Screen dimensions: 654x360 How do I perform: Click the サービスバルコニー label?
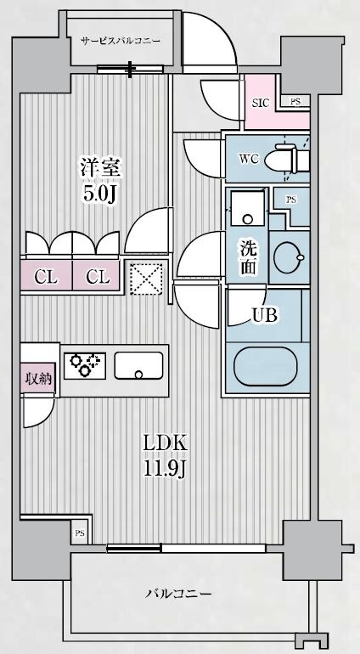click(121, 41)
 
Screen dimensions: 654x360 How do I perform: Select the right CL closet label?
click(98, 276)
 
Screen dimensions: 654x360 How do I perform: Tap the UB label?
click(263, 315)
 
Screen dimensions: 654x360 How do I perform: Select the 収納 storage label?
click(37, 378)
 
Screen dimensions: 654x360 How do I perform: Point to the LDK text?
click(164, 443)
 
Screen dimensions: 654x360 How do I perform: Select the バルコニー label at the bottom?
click(178, 593)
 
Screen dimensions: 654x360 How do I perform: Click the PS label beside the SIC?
click(294, 100)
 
